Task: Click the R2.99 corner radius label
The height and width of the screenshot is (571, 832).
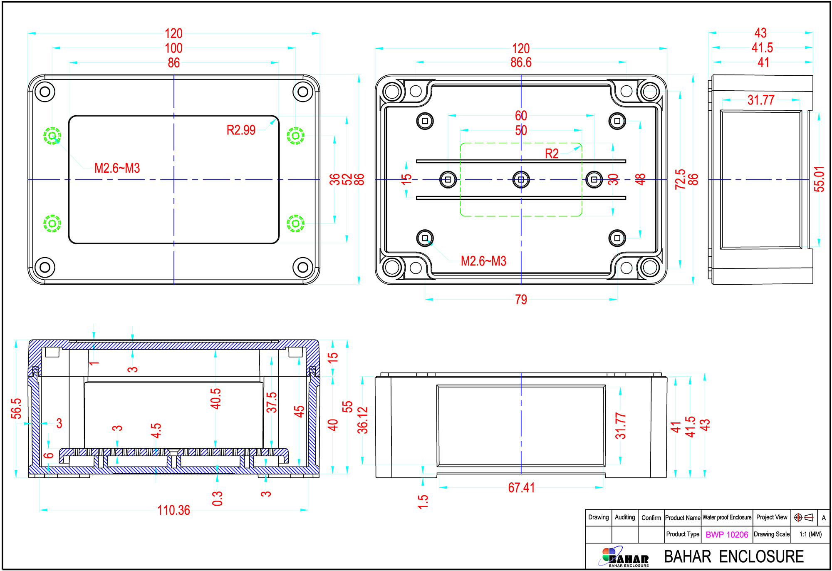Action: pyautogui.click(x=241, y=130)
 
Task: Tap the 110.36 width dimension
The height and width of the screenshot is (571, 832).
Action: pyautogui.click(x=173, y=510)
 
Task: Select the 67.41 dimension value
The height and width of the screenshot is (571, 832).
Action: pyautogui.click(x=521, y=488)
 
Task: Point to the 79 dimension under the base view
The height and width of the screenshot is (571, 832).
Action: pyautogui.click(x=521, y=300)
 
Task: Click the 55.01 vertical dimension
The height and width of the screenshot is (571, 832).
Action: pyautogui.click(x=819, y=179)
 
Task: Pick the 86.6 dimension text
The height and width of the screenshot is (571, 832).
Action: pyautogui.click(x=521, y=62)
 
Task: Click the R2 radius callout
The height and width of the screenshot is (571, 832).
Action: pyautogui.click(x=552, y=154)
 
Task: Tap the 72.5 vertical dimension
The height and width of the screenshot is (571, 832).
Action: pyautogui.click(x=680, y=179)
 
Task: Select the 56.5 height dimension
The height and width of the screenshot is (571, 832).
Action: pyautogui.click(x=16, y=408)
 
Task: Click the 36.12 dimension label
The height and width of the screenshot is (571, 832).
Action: pyautogui.click(x=362, y=420)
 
